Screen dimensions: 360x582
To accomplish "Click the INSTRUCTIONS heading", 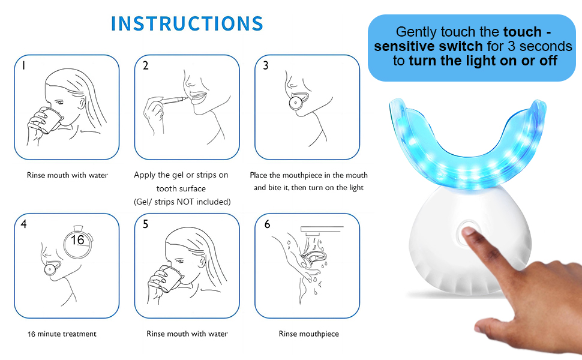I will pos(187,23).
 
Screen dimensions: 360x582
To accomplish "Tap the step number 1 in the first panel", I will pos(23,66).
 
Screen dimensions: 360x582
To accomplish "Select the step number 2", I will pos(145,66).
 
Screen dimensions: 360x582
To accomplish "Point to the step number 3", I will pos(266,66).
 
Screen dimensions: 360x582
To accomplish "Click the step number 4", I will pos(23,224).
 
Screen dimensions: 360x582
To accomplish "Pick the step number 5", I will pos(145,224).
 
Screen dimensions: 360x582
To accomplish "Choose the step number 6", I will pos(267,224).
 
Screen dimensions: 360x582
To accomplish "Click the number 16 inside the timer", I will pos(77,240).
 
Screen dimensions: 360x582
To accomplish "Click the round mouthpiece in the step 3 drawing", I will pos(295,103).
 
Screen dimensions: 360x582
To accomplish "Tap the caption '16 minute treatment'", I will pos(62,334).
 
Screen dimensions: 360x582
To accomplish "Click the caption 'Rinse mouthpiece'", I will pos(308,334).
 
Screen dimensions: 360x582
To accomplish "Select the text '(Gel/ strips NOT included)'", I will pos(181,202).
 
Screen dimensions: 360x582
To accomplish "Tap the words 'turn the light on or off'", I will pos(483,60).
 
